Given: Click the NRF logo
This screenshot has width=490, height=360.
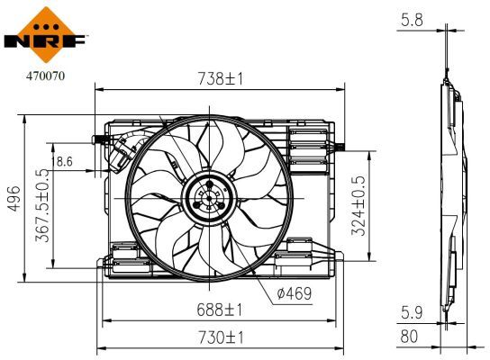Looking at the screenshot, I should [45, 31].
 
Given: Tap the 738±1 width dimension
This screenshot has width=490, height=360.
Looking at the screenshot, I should [221, 79].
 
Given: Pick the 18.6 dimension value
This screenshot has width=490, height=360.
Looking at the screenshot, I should [65, 162].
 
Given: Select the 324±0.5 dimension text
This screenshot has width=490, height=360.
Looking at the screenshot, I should [358, 205].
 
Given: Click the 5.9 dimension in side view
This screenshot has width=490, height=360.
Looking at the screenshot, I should [412, 311].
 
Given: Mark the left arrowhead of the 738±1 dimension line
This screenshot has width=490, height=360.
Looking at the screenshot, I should [99, 89].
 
